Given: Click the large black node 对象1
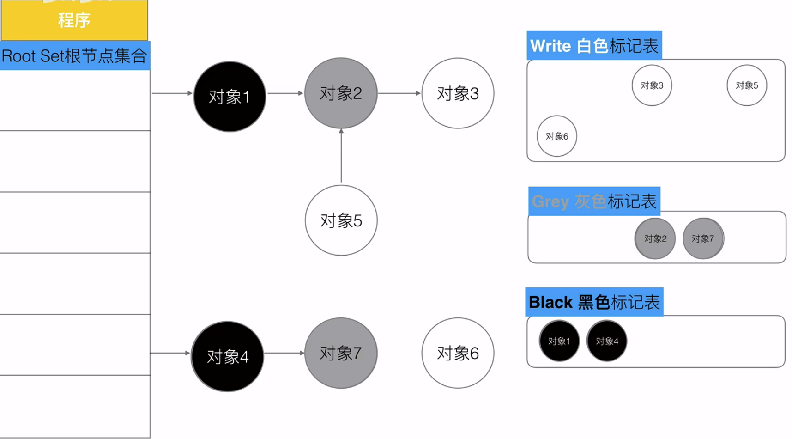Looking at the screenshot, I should click(x=230, y=97).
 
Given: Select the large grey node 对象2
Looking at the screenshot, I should click(x=341, y=93).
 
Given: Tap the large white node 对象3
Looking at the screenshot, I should click(x=458, y=93).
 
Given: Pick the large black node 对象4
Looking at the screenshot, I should click(x=227, y=357).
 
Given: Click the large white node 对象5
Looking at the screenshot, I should click(x=341, y=220).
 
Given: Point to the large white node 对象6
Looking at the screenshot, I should click(x=458, y=353).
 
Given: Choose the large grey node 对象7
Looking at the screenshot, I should click(x=341, y=353).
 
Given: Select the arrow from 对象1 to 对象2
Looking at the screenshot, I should click(x=285, y=93).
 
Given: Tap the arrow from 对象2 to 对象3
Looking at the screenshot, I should click(x=399, y=93).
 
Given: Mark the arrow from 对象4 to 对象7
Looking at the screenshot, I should click(x=284, y=353).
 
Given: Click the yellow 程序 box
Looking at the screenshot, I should click(x=74, y=20).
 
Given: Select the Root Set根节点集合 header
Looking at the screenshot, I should click(x=75, y=56).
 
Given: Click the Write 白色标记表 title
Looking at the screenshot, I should click(x=594, y=46).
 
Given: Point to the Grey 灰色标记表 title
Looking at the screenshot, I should click(x=594, y=201).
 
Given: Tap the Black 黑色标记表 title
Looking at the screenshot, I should click(x=594, y=302).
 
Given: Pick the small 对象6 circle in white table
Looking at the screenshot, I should click(x=557, y=136).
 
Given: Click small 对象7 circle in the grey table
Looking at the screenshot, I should click(x=703, y=238).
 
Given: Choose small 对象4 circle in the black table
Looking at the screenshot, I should click(x=607, y=341).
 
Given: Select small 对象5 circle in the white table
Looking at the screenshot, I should click(x=747, y=85).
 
